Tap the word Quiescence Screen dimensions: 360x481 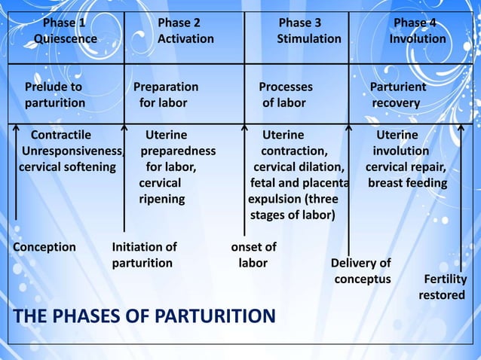[x=65, y=38]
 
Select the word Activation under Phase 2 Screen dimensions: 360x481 [x=185, y=38]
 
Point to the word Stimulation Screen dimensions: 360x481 [x=309, y=38]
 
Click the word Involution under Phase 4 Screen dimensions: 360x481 [x=418, y=38]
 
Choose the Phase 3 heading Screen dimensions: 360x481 [x=300, y=23]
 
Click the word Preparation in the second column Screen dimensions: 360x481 [x=166, y=87]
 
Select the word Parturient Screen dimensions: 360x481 [x=398, y=87]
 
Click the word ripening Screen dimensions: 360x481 [x=161, y=199]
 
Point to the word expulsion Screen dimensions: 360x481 [x=274, y=199]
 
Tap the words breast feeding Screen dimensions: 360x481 [x=407, y=183]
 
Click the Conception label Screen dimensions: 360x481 [x=45, y=247]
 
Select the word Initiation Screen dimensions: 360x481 [x=137, y=247]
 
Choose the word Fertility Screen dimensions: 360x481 [x=446, y=279]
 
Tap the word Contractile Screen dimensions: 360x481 [x=60, y=135]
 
